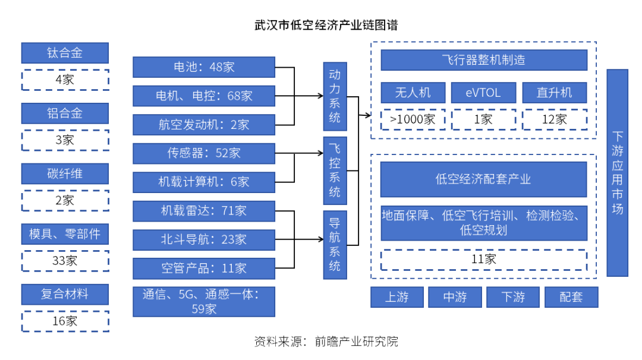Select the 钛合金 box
(65, 53)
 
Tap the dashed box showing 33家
(65, 260)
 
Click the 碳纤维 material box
(65, 174)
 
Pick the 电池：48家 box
(204, 67)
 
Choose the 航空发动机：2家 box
(204, 124)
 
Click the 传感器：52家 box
(204, 153)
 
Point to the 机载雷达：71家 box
(204, 211)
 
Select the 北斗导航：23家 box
(204, 239)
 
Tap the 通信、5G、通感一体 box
(204, 301)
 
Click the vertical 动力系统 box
(335, 96)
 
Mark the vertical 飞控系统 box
(335, 170)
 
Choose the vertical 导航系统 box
(335, 244)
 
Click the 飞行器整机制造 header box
(483, 61)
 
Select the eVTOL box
(483, 93)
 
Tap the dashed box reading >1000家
(413, 119)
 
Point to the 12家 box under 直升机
(554, 119)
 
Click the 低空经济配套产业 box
(483, 179)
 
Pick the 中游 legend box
(455, 298)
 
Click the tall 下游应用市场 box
(617, 173)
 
